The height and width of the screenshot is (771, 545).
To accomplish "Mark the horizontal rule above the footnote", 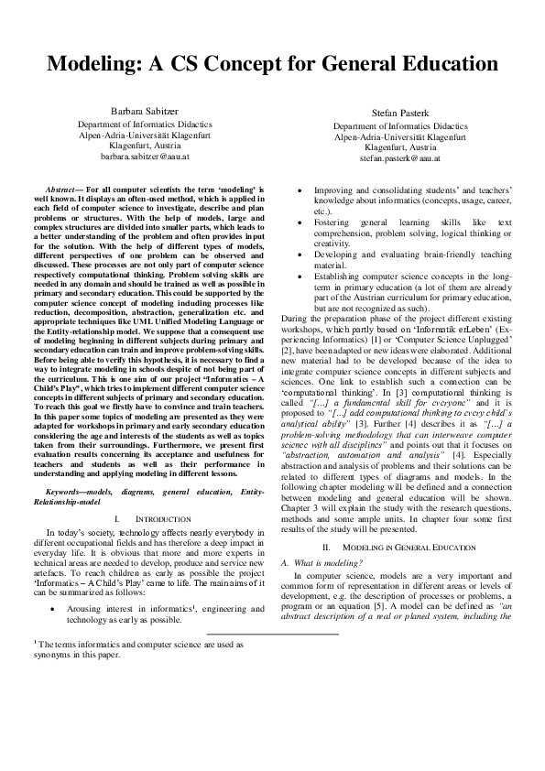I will click(x=273, y=634).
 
